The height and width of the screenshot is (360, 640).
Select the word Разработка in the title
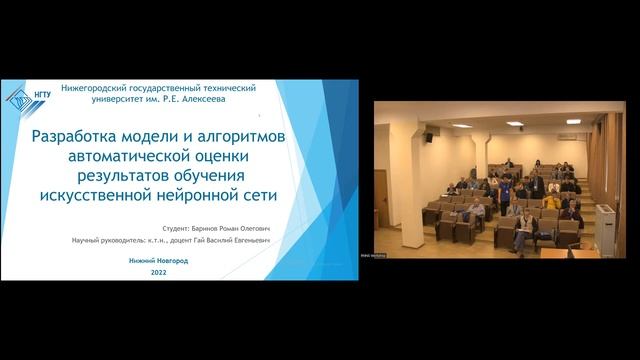[x=79, y=136]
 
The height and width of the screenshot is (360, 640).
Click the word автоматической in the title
[x=151, y=154]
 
